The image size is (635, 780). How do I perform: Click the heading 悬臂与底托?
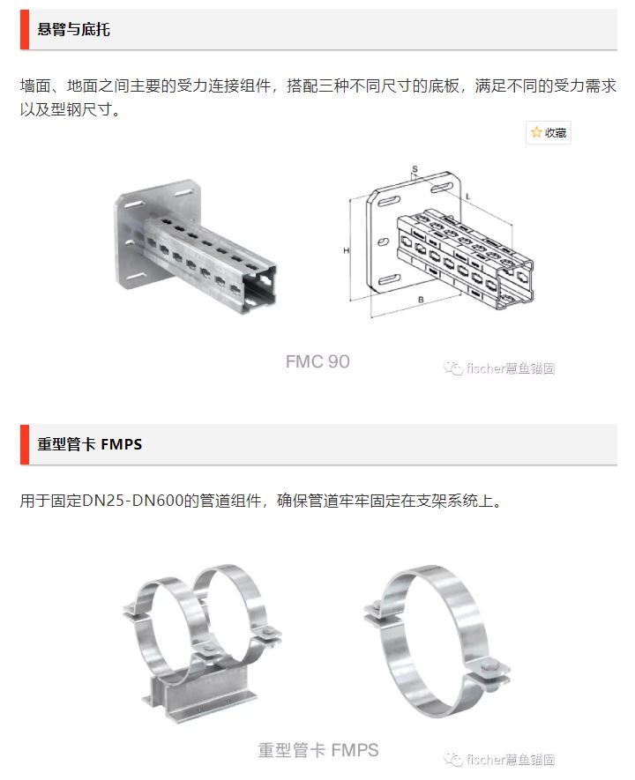tap(73, 29)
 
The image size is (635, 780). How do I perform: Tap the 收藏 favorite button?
tap(549, 132)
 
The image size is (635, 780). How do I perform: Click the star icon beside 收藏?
tap(536, 132)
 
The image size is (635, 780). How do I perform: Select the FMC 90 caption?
tap(317, 361)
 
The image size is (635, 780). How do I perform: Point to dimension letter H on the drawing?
tap(346, 250)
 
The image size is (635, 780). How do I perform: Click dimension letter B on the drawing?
tap(421, 300)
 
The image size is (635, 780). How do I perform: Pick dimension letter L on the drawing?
tap(467, 197)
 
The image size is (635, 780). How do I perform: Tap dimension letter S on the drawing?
tap(415, 169)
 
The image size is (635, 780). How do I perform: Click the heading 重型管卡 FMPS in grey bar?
tap(90, 443)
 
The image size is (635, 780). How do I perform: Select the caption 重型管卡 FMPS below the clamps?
tap(318, 750)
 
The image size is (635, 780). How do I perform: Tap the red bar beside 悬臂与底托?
tap(25, 29)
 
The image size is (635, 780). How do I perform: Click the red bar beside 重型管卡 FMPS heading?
tap(25, 444)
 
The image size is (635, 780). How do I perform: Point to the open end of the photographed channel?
tap(260, 289)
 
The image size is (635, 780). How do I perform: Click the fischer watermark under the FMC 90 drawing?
tap(499, 368)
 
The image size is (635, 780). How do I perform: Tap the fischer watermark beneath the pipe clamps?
tap(499, 760)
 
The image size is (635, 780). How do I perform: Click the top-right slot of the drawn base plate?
tap(441, 188)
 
